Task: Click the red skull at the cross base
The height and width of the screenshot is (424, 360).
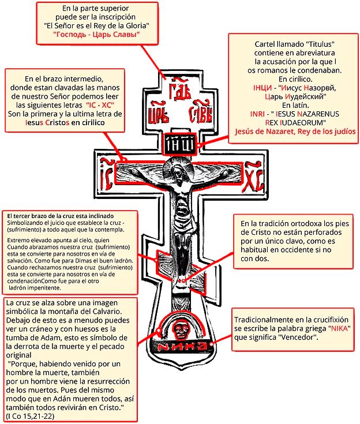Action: pyautogui.click(x=179, y=331)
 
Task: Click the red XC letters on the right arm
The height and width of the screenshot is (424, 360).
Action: pyautogui.click(x=254, y=177)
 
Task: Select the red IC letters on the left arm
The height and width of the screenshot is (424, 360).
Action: pyautogui.click(x=106, y=175)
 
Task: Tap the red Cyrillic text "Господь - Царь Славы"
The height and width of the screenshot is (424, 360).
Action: pyautogui.click(x=96, y=35)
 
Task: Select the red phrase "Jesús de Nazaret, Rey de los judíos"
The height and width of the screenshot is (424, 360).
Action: pyautogui.click(x=295, y=132)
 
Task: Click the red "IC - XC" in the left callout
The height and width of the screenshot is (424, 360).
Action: pyautogui.click(x=100, y=105)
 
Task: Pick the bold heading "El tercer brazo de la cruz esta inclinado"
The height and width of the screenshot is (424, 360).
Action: pyautogui.click(x=61, y=216)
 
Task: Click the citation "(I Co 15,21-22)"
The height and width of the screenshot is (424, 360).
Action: pyautogui.click(x=30, y=416)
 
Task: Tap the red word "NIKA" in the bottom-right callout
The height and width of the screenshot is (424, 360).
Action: pyautogui.click(x=339, y=329)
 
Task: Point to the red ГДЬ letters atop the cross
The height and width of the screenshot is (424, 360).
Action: pyautogui.click(x=179, y=89)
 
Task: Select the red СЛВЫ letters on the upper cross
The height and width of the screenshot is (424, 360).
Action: pyautogui.click(x=201, y=112)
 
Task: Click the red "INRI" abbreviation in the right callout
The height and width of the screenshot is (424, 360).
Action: pyautogui.click(x=257, y=114)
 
